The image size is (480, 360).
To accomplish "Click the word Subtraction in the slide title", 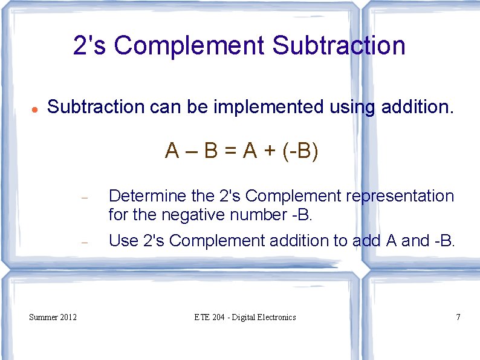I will click(x=339, y=45).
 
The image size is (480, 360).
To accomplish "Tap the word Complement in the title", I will click(x=189, y=45).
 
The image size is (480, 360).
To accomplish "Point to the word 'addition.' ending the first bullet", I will click(x=417, y=107).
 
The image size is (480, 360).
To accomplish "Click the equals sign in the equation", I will click(x=230, y=151).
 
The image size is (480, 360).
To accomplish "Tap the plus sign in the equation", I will click(x=270, y=151).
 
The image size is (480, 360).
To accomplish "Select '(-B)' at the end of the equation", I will click(x=300, y=151).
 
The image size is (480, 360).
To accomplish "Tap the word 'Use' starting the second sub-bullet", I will click(x=123, y=241).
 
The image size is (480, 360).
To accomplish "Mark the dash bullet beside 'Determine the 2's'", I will click(x=85, y=198).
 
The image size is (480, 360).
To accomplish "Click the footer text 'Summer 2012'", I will click(x=53, y=317).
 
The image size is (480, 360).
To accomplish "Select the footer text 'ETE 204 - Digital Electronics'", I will click(x=245, y=317).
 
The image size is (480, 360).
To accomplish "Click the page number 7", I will click(x=458, y=317).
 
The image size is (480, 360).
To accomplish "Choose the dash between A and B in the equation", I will click(x=191, y=151).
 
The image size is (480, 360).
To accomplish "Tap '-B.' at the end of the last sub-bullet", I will click(x=444, y=241).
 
